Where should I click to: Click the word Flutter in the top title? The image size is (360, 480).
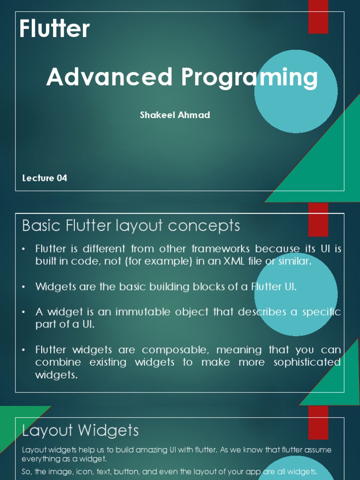[x=54, y=30]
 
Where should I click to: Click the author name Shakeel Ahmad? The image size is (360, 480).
[x=175, y=115]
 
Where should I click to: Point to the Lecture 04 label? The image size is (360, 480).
[x=45, y=178]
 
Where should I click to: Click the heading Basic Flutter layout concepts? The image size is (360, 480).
[x=131, y=226]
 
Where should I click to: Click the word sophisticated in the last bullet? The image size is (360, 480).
[x=302, y=362]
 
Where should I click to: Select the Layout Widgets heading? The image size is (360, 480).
[x=81, y=430]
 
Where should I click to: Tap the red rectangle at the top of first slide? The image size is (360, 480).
[x=318, y=17]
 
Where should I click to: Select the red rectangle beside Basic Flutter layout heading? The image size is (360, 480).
[x=318, y=219]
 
